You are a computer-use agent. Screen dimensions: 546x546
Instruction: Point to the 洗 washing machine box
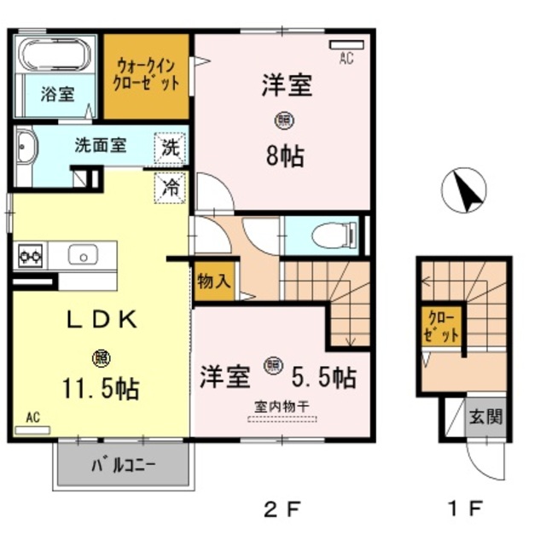pyautogui.click(x=171, y=147)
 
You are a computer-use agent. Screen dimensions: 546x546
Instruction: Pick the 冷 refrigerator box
pyautogui.click(x=171, y=187)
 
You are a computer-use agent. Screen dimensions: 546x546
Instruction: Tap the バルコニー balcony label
pyautogui.click(x=123, y=466)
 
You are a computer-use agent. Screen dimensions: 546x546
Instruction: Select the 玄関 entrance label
pyautogui.click(x=485, y=417)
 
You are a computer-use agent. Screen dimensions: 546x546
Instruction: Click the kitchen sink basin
pyautogui.click(x=84, y=254)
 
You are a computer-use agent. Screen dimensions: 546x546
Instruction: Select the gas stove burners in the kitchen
pyautogui.click(x=31, y=254)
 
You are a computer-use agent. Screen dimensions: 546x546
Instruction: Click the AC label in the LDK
pyautogui.click(x=32, y=417)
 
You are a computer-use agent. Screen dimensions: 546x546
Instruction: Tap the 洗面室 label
pyautogui.click(x=100, y=145)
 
